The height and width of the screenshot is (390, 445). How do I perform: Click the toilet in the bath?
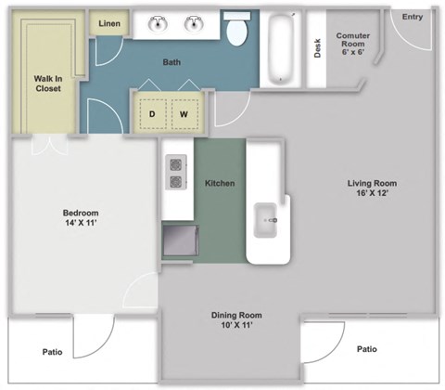coord(238,31)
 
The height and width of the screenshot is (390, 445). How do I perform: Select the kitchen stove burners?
coord(174,174)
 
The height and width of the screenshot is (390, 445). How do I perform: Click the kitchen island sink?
coord(265,220)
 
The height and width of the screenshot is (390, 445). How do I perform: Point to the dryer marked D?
coord(152,114)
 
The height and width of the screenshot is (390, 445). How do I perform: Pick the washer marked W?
coord(184,114)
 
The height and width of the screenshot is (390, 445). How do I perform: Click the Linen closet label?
coord(109,22)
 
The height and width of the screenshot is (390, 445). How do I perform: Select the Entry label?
coord(413,17)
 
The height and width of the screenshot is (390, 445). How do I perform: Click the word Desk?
coord(317,47)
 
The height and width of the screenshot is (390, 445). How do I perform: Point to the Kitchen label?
coord(220,183)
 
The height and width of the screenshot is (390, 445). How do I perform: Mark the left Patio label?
coord(52,352)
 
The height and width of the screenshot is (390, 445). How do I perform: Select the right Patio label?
coord(367,349)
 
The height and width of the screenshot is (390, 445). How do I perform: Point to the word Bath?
coord(172,62)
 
